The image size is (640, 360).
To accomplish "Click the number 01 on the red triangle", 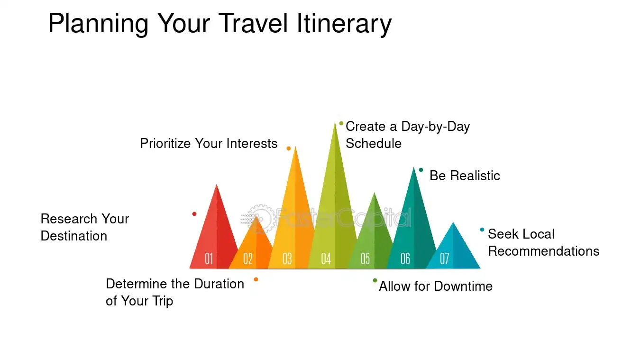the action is (209, 259).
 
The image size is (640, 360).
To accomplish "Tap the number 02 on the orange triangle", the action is (248, 259).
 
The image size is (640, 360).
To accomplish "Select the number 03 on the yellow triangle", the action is (287, 259).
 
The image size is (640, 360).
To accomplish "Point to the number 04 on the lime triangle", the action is (326, 259).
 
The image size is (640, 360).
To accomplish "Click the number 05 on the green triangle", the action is (365, 259).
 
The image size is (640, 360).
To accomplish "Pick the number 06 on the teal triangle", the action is (405, 259).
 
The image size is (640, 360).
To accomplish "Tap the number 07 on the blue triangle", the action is (444, 259).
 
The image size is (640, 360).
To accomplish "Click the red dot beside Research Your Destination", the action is (194, 214).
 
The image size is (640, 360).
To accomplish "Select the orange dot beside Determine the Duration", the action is (256, 279).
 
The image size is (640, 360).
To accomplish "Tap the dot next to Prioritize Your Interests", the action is (289, 148).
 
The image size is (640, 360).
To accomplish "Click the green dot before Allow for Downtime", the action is (375, 280).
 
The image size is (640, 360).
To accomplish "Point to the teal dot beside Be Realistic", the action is (421, 170).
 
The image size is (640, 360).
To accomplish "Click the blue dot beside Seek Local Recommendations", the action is (482, 230).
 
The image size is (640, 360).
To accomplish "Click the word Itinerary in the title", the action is (344, 24).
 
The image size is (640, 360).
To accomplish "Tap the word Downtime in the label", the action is (463, 286).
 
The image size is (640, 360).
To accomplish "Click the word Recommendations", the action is (543, 251).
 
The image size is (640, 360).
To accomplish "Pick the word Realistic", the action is (475, 175).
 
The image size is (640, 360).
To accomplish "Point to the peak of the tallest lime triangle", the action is (335, 122).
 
